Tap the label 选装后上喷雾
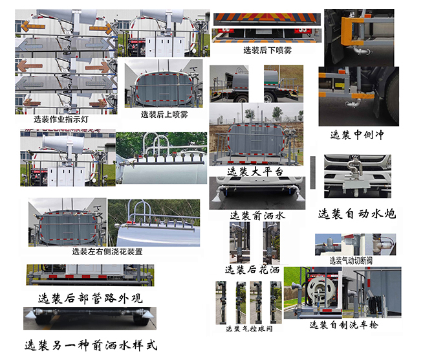tap(164, 114)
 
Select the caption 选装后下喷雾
tap(267, 50)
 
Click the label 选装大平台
tap(255, 171)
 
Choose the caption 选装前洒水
tap(257, 215)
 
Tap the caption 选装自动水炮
tap(356, 213)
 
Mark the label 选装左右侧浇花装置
tap(107, 251)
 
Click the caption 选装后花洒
tap(253, 269)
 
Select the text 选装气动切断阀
tap(351, 260)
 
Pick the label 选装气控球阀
tap(249, 328)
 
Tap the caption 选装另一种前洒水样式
tap(90, 344)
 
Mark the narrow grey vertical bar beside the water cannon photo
tap(314, 172)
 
